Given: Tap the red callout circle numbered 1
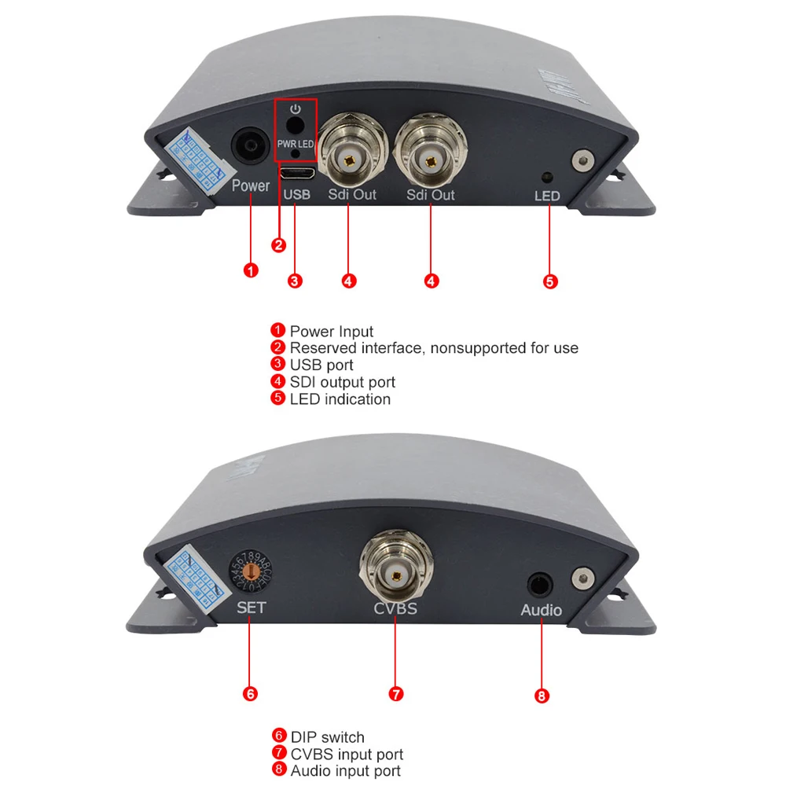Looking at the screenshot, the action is click(251, 271).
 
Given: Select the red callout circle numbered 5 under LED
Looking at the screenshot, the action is click(550, 281).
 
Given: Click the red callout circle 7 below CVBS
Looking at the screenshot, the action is click(396, 693).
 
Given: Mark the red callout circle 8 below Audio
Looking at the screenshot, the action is click(542, 696).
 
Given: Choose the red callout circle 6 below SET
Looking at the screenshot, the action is click(250, 693).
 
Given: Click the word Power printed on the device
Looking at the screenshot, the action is click(251, 186).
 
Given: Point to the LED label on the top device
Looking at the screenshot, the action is click(547, 196).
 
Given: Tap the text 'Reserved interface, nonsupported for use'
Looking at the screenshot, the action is click(433, 347).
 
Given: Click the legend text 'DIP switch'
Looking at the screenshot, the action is click(327, 737).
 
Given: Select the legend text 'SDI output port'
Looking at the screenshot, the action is click(342, 382).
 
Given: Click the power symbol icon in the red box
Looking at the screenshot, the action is click(296, 109).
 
